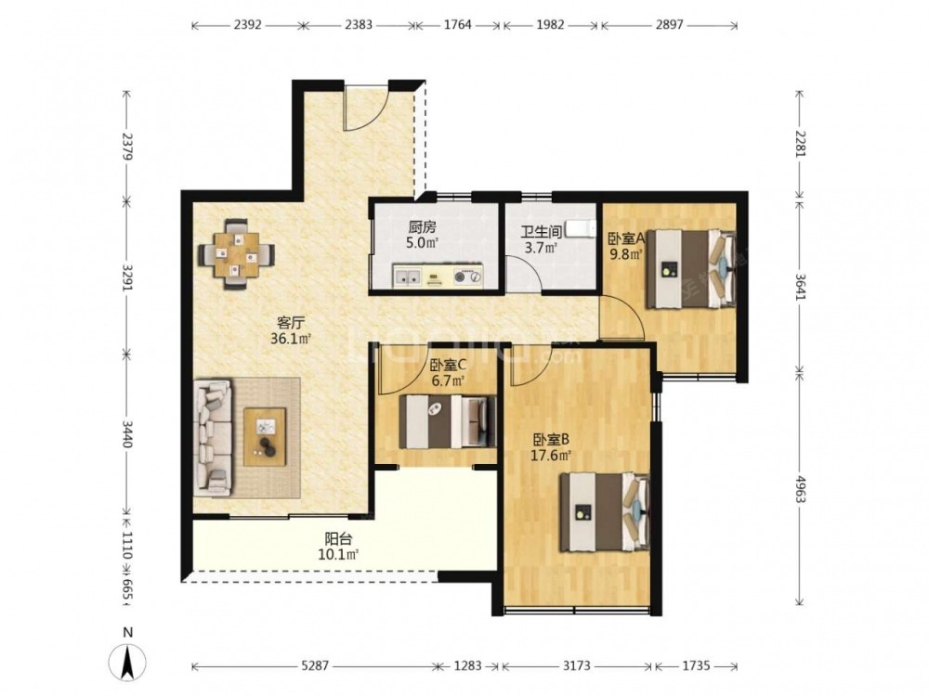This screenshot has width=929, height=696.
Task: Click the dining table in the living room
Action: coord(236,254)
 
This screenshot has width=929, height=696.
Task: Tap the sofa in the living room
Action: coord(212,438)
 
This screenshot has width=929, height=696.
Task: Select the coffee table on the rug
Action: coord(265,437)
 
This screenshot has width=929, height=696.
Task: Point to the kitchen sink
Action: coord(407,276)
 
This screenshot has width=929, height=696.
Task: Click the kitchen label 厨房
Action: coord(422,227)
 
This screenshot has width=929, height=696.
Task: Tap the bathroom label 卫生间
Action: coord(541,232)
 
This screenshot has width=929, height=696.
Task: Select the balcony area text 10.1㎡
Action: coord(339,555)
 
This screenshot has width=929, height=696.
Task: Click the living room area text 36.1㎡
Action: coord(291,339)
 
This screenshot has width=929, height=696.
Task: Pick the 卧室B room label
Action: coord(552,440)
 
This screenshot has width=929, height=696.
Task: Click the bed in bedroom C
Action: coord(448,420)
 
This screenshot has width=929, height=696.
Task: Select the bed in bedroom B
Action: coord(605,512)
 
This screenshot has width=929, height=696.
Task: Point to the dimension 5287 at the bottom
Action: coord(315,666)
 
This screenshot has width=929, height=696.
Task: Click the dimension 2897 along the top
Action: coord(670,25)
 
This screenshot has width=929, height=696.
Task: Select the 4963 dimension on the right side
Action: coord(801,488)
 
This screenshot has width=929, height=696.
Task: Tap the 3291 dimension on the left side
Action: coord(126,276)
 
